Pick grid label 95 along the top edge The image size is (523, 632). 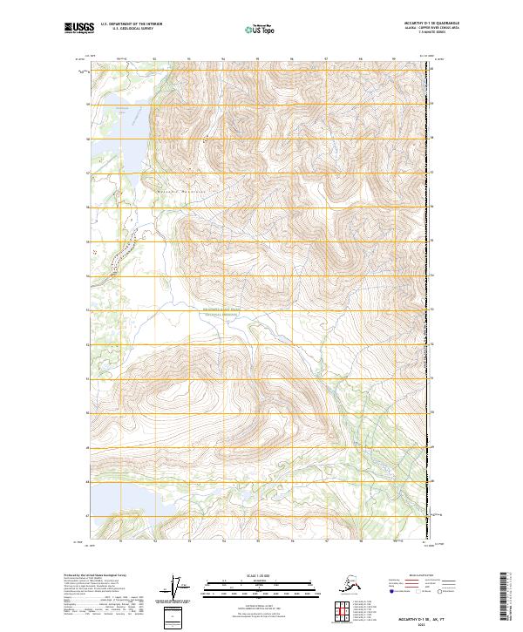pos(256,59)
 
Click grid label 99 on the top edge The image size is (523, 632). pos(394,59)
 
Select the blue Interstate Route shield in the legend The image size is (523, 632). pos(390,591)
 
